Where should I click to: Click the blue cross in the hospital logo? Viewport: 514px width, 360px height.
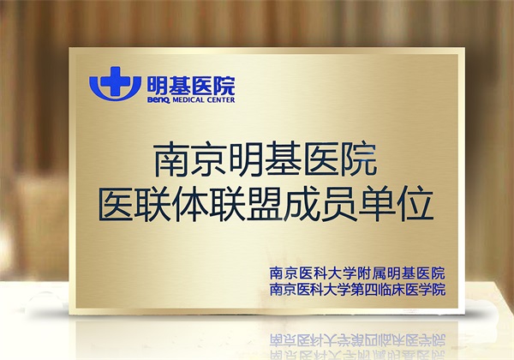(x=115, y=81)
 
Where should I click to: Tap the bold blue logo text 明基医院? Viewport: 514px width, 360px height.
(x=191, y=86)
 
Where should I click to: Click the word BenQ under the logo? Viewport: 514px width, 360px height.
(x=158, y=100)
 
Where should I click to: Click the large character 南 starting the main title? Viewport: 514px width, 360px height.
(x=172, y=159)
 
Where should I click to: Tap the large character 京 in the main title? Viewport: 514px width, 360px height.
(x=210, y=159)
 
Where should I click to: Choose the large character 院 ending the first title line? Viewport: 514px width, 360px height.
(x=359, y=159)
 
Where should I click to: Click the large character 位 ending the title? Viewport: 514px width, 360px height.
(x=415, y=203)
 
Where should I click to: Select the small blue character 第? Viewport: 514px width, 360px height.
(x=357, y=290)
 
